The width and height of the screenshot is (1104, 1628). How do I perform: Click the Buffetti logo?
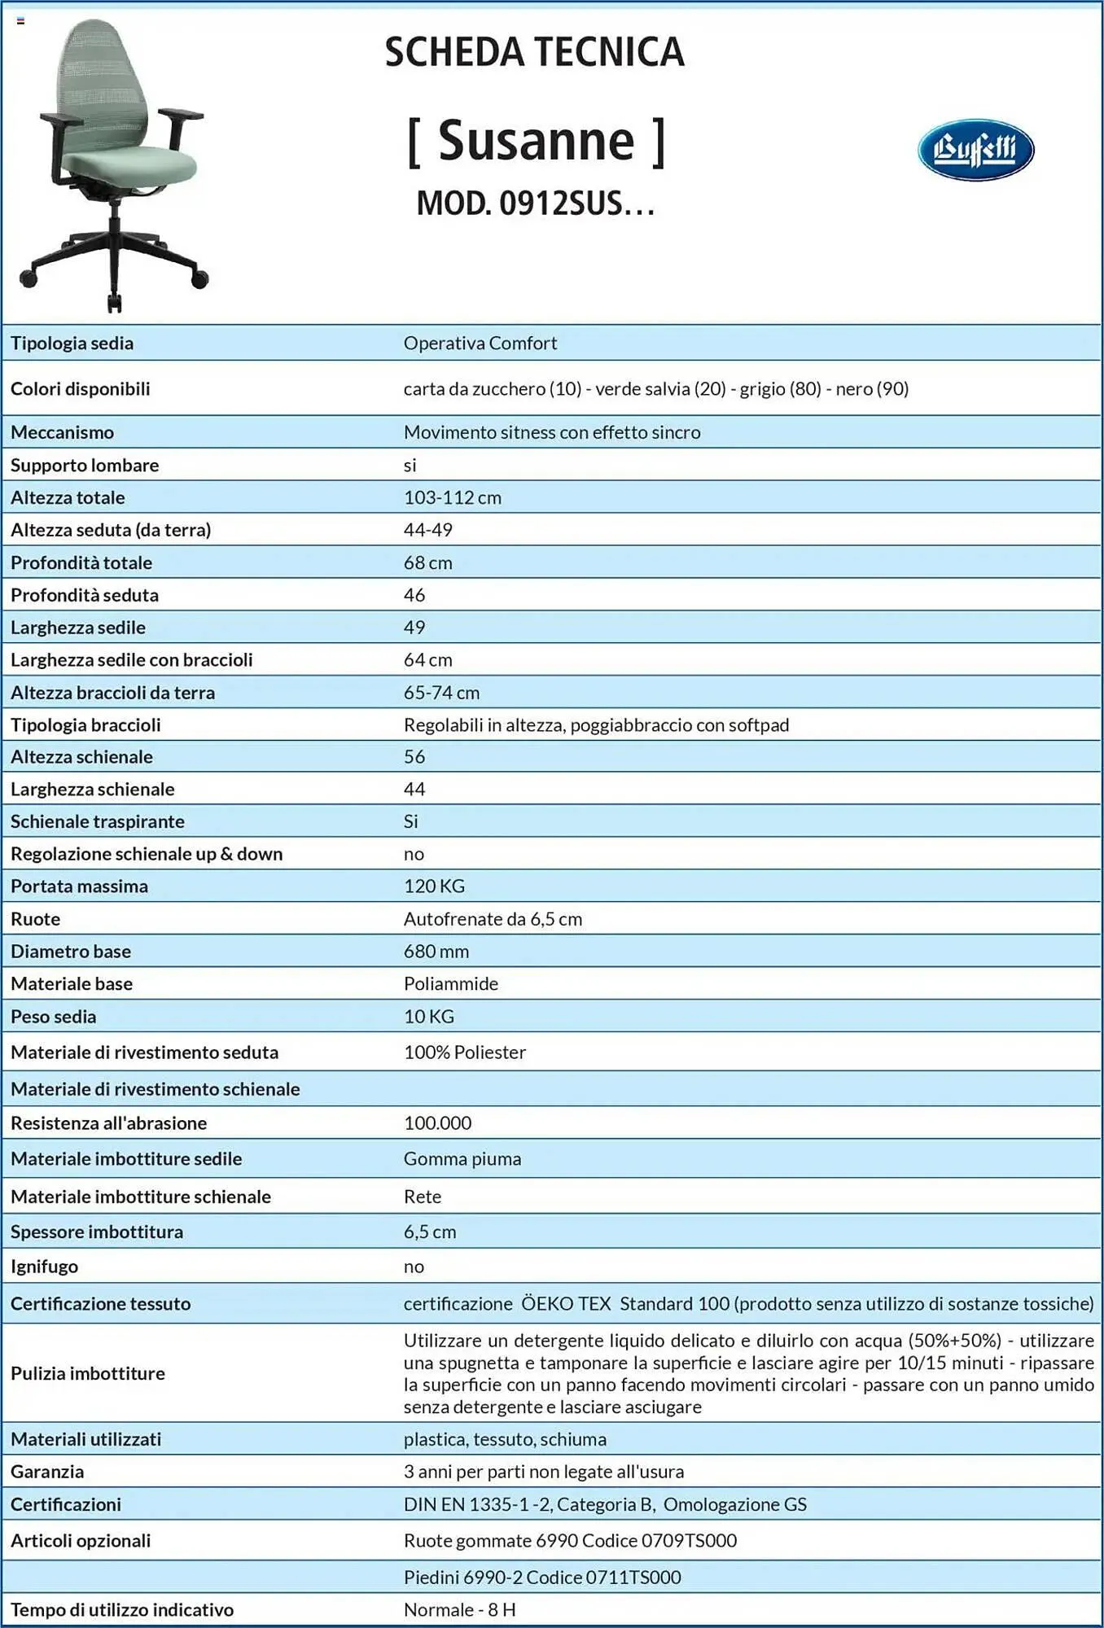[975, 150]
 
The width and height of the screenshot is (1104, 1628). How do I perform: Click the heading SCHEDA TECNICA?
[534, 52]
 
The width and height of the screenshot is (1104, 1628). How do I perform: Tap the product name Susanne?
[536, 142]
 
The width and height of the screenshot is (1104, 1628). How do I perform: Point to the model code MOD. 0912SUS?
[535, 203]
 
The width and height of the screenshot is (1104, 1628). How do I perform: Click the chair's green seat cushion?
[130, 166]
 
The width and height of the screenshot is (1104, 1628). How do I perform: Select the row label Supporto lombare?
[85, 465]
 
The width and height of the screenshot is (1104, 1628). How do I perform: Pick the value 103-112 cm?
[453, 497]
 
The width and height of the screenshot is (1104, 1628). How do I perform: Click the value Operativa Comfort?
[480, 343]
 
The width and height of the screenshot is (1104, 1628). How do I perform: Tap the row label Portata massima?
[79, 886]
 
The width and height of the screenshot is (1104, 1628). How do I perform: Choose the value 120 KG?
[434, 886]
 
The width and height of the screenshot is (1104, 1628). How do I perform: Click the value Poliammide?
[451, 983]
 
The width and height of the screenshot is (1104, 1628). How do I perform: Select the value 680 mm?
[436, 951]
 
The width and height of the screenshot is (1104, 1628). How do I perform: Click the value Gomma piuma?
[462, 1158]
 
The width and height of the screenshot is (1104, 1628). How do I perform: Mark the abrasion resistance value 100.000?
[437, 1123]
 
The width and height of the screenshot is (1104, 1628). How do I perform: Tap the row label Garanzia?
[47, 1471]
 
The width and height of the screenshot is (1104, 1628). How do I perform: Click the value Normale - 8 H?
[459, 1609]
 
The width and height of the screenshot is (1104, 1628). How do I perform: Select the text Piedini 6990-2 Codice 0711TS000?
[542, 1577]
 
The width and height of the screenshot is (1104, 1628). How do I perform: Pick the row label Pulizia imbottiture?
[88, 1373]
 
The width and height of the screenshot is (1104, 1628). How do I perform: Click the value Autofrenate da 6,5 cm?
[493, 918]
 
